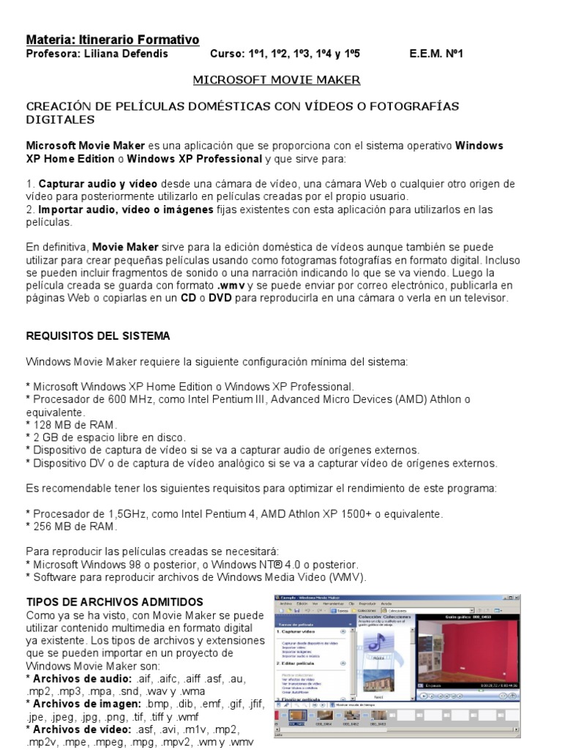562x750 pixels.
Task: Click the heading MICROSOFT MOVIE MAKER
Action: click(277, 79)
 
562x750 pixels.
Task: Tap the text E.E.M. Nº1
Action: click(436, 54)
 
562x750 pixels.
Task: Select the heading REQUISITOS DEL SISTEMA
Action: click(98, 336)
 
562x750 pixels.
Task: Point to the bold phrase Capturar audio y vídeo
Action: click(97, 183)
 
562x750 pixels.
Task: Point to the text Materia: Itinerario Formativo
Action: click(113, 40)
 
